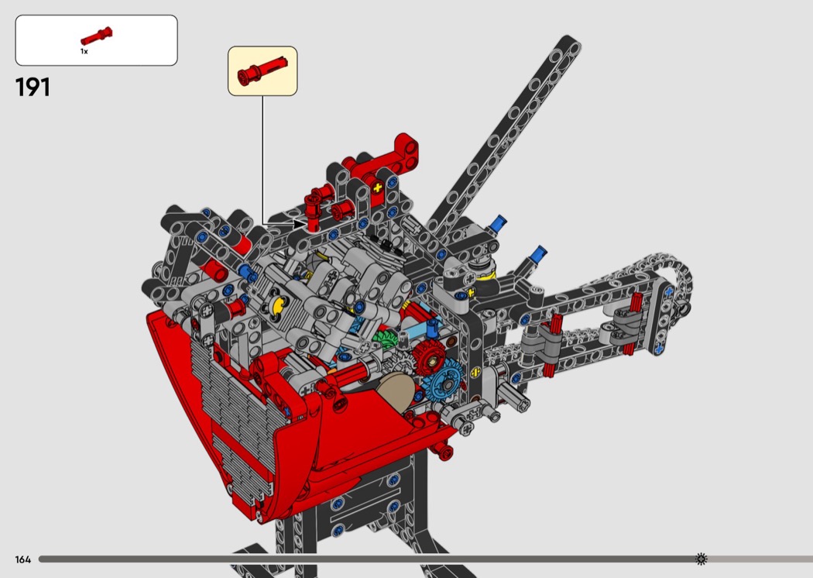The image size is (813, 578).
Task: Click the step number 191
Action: point(33,88)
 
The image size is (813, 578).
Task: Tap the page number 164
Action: point(22,559)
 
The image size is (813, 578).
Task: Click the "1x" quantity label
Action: point(84,51)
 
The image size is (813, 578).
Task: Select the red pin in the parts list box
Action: point(97,36)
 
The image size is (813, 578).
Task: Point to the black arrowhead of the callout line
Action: point(299,224)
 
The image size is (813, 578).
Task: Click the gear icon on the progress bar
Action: point(701,559)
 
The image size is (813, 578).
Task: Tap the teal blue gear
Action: point(442,380)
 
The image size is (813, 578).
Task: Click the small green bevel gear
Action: point(384,340)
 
